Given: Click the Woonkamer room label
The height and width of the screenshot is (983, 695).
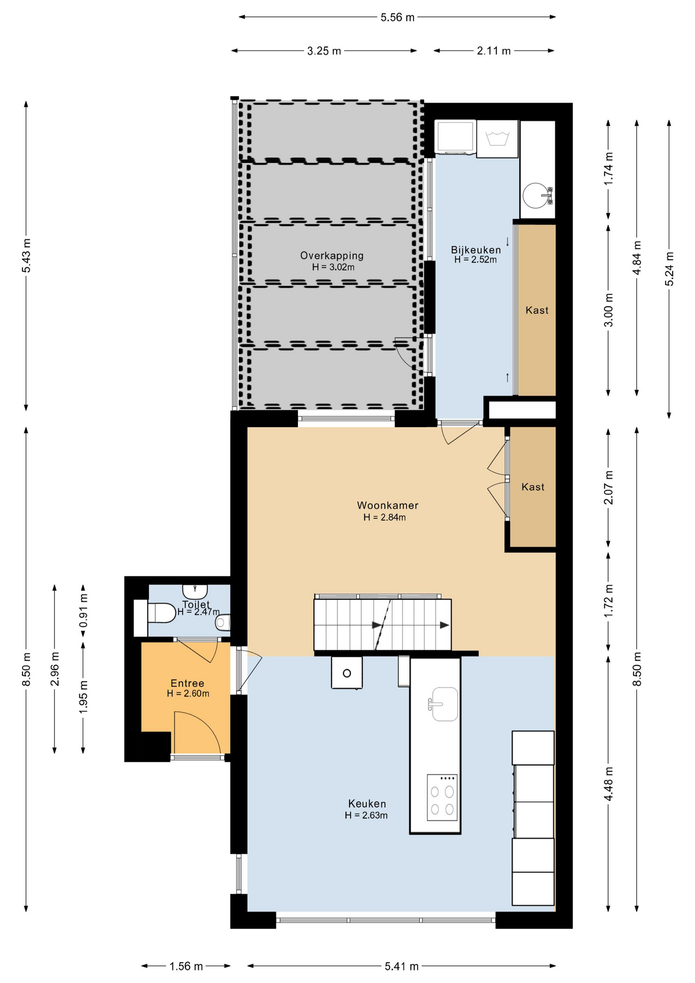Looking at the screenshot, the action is [387, 505].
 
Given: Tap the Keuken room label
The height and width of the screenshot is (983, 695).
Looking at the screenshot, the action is [367, 804].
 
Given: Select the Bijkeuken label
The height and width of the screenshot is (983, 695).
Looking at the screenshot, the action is [476, 250].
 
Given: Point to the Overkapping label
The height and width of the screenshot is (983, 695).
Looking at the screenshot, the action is [332, 255].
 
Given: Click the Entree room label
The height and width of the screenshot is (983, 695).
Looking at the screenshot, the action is [187, 683].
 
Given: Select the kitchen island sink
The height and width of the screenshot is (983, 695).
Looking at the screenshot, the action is [444, 704].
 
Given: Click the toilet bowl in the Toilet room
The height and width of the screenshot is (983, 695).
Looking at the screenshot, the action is [161, 613].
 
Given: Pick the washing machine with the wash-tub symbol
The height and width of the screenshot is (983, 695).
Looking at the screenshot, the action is [497, 139].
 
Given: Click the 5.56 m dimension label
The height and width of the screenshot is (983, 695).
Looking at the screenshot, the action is [398, 17].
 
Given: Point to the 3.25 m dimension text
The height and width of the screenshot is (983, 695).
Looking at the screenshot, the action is [324, 51].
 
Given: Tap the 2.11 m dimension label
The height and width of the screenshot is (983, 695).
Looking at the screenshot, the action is [494, 51].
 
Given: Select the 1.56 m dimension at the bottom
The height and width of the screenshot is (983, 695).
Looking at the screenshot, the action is [186, 966].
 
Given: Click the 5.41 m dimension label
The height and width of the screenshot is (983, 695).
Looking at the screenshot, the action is [402, 966].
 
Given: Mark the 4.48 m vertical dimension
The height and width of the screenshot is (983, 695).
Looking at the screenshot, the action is [609, 784].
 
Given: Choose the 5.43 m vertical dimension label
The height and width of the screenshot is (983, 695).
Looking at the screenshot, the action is [26, 255].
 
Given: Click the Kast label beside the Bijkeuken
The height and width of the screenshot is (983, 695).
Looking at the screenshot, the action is [537, 310].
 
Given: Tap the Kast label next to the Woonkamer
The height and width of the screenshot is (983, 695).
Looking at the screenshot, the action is [533, 487].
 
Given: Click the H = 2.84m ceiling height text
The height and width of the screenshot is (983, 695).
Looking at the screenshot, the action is [385, 518].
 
